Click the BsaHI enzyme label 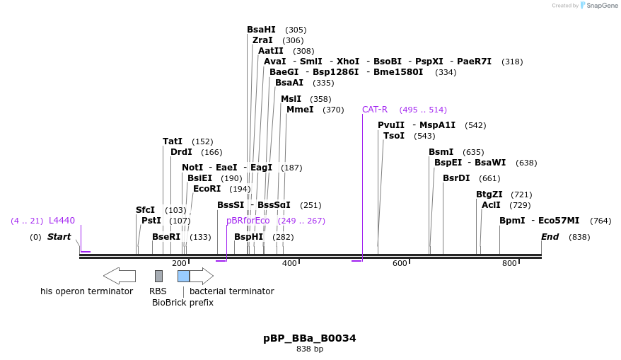261,30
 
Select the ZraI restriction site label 262,40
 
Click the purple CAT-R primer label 375,110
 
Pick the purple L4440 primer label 62,221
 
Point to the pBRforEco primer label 248,221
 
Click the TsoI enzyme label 394,136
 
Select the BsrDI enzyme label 456,178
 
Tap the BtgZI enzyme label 489,194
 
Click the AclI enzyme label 491,205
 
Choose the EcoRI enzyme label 207,189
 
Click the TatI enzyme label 173,141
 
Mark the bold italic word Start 59,237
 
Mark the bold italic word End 550,237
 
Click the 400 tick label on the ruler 289,264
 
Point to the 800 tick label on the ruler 509,264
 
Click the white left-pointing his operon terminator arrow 120,276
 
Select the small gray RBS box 158,276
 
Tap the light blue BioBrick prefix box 183,276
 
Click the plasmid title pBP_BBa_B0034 310,338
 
